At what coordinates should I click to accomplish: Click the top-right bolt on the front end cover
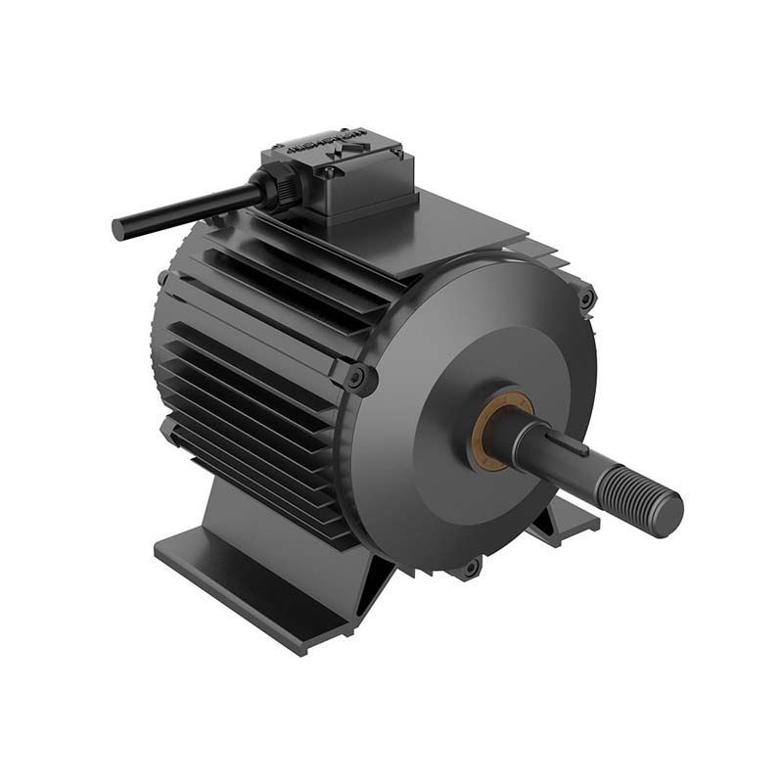coord(585,298)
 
